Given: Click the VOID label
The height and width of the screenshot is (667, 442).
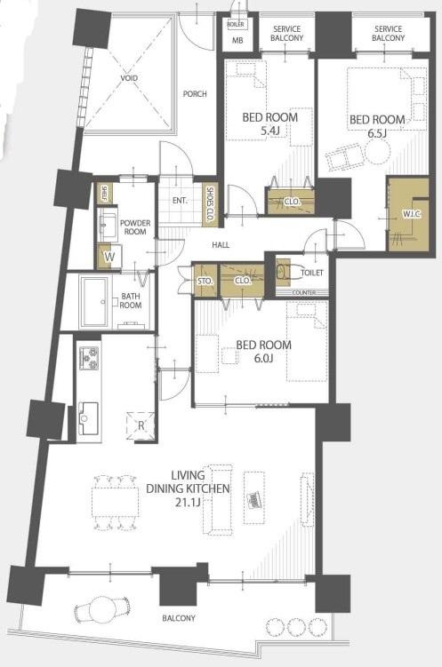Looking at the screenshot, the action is [x=129, y=78].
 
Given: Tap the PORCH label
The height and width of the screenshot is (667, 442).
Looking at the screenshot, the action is [x=195, y=93].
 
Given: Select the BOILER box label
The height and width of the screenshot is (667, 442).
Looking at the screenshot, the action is [x=236, y=25].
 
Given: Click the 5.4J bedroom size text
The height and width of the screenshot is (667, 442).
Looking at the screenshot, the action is [x=270, y=131].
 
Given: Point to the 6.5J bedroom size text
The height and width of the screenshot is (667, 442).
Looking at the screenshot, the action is [x=377, y=133].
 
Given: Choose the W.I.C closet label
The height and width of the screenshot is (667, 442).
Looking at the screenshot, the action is [x=412, y=214].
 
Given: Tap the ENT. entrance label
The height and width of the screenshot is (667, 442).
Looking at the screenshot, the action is [x=181, y=201].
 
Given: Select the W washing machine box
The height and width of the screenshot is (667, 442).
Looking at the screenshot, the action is [x=110, y=257].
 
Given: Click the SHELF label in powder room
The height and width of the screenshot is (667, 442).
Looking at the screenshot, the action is [x=104, y=194].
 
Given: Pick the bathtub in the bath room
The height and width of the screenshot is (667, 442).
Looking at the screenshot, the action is [x=95, y=302].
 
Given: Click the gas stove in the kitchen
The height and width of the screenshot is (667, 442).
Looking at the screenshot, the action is [x=90, y=358].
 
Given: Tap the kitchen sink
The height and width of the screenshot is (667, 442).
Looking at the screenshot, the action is [x=89, y=417].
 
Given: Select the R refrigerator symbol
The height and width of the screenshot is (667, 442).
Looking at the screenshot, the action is [x=141, y=425].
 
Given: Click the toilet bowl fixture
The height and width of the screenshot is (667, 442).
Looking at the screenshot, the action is [x=283, y=272].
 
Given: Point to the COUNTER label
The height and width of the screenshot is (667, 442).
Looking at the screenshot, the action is [x=304, y=293].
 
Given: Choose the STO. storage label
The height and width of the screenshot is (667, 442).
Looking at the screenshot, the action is [x=205, y=282].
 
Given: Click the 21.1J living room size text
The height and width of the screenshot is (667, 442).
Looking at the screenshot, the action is [x=188, y=503].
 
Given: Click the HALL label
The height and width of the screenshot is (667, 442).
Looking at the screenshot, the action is [x=221, y=244].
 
